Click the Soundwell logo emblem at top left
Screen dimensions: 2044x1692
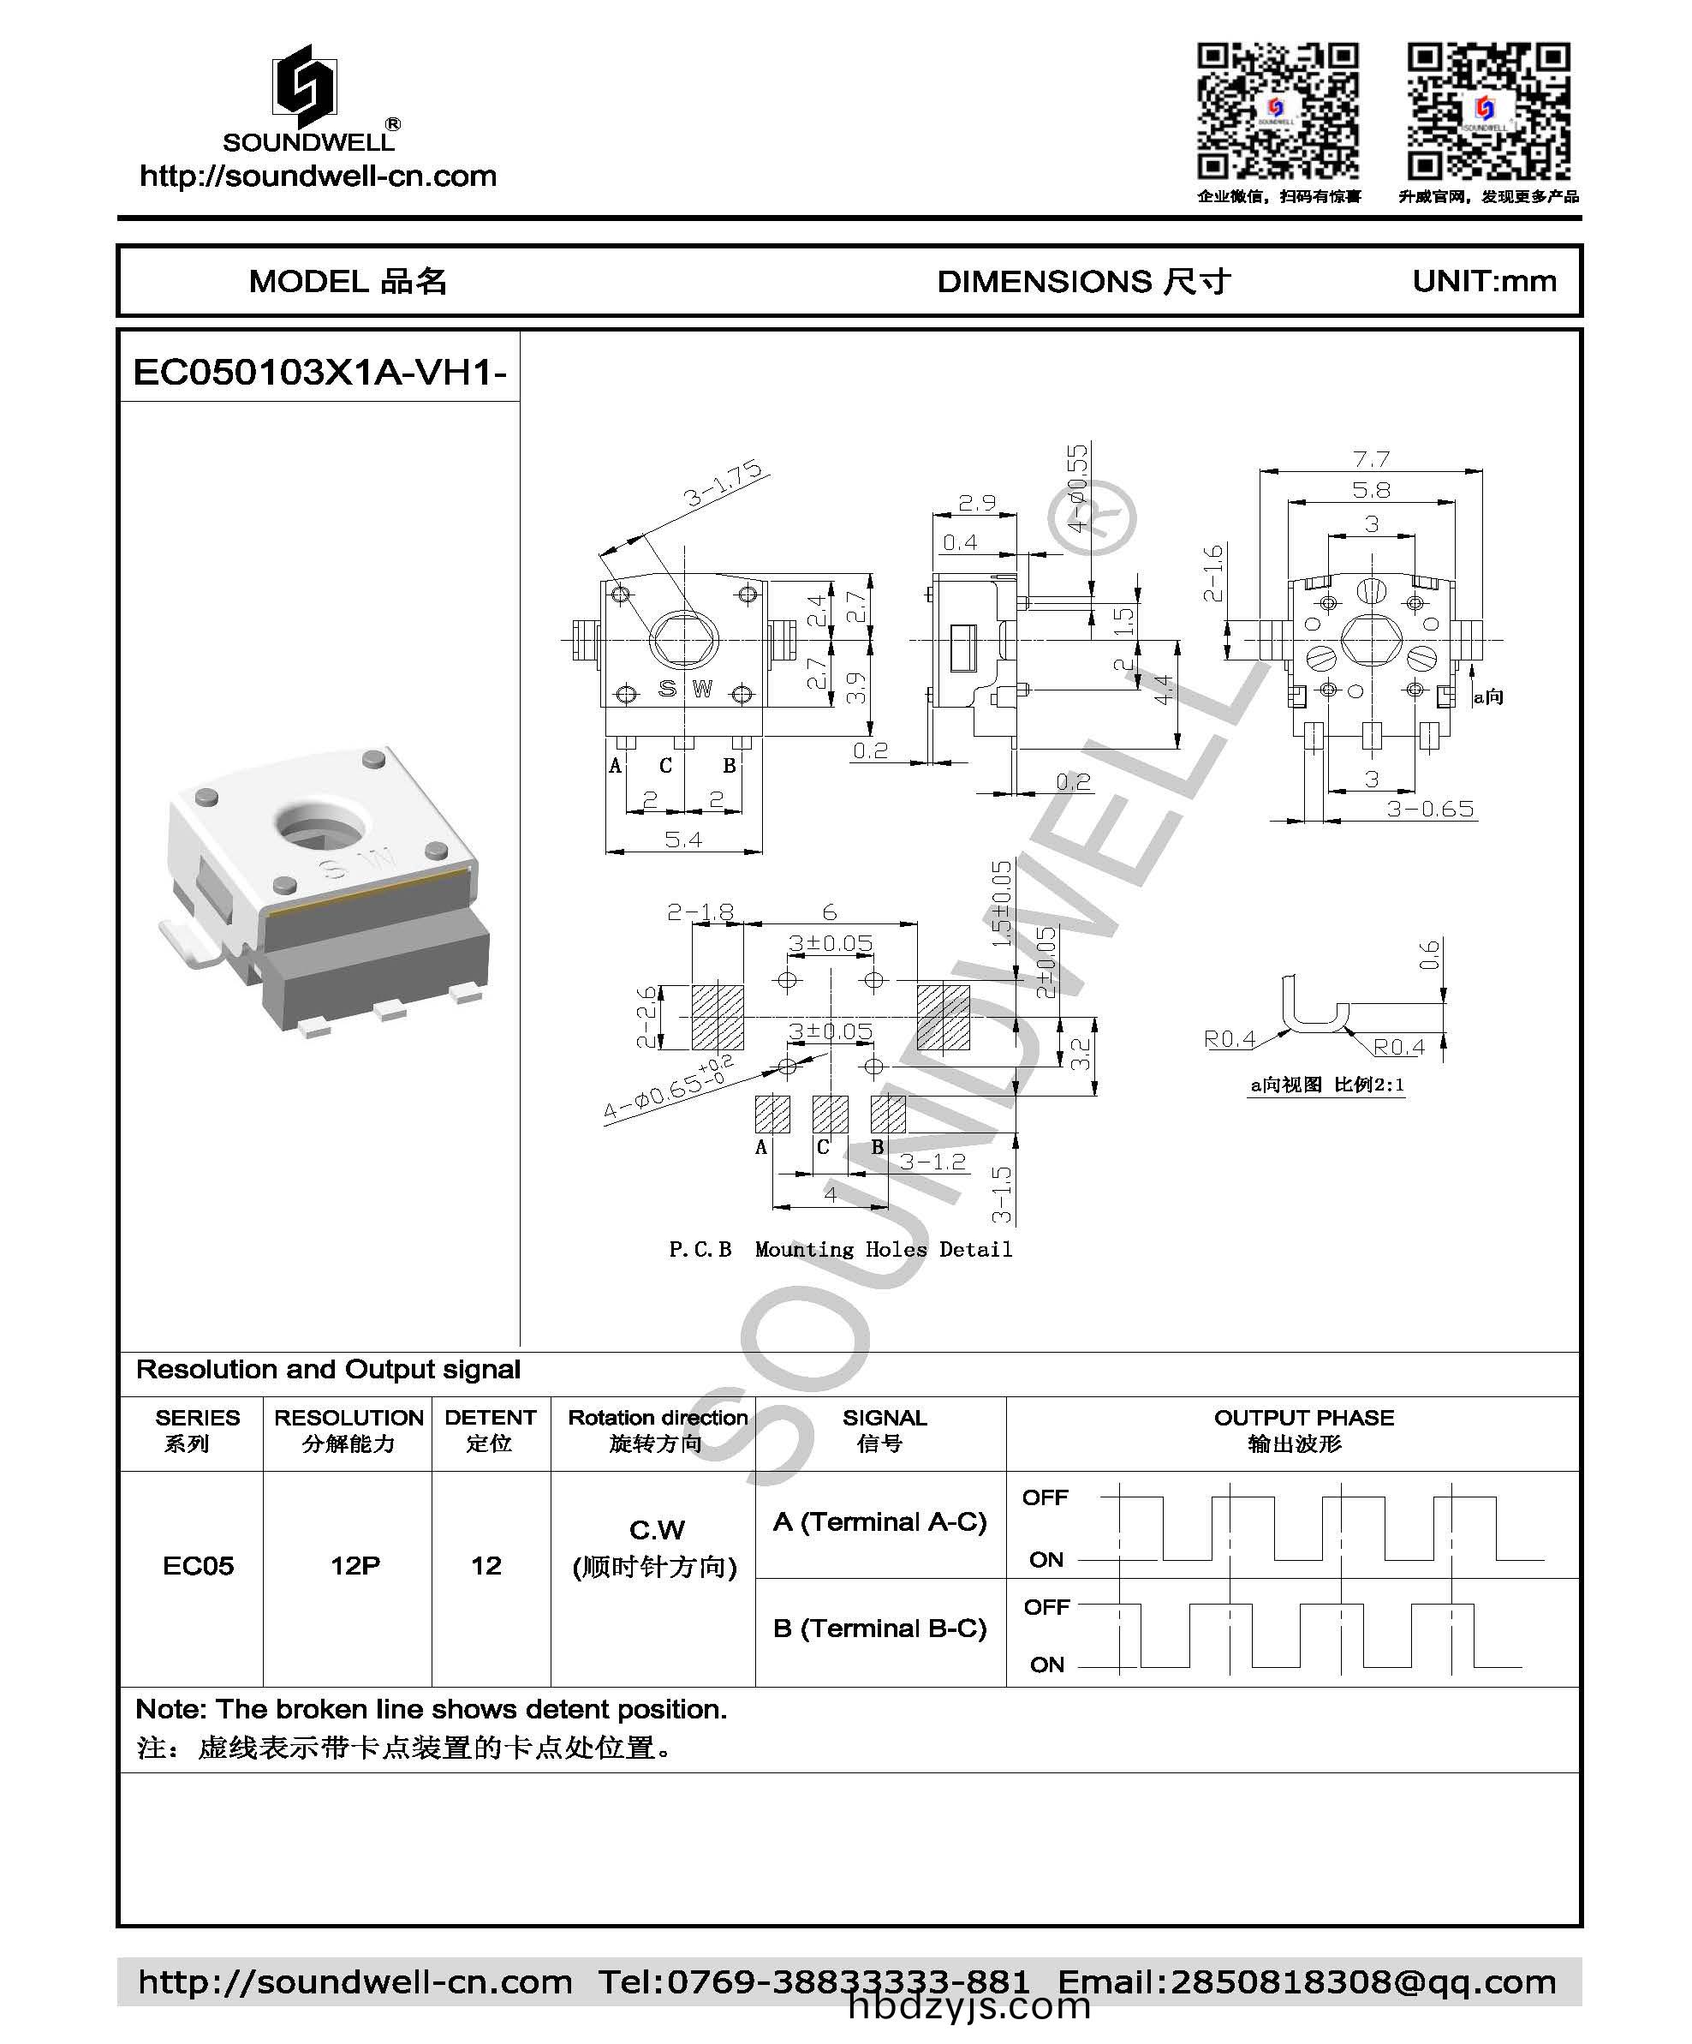point(305,87)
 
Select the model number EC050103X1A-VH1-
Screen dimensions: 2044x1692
point(319,372)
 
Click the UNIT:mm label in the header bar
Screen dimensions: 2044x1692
point(1483,281)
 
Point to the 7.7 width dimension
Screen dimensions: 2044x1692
point(1370,458)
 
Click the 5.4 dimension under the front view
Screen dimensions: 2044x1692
point(683,839)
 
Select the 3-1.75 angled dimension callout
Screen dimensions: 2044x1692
point(723,484)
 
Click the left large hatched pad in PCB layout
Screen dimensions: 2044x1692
point(717,1017)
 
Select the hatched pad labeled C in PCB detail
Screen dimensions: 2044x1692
point(830,1114)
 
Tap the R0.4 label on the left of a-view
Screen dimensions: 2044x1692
point(1229,1038)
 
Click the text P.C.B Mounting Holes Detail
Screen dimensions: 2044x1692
point(841,1249)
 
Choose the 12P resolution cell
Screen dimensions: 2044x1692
point(354,1565)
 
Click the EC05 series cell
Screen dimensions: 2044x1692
point(198,1565)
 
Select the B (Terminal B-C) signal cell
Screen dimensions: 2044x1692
point(879,1628)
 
